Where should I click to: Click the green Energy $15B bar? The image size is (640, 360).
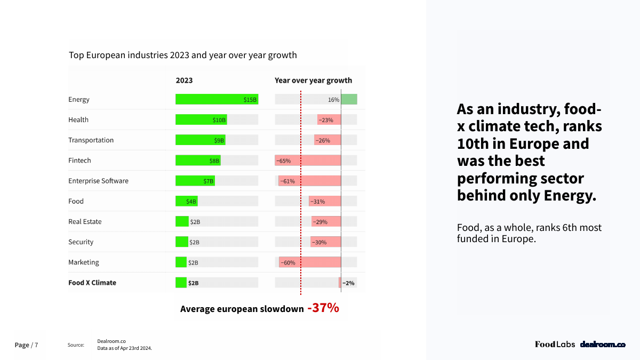click(216, 99)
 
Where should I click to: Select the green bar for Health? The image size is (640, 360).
click(201, 120)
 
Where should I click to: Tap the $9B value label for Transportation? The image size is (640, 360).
click(219, 140)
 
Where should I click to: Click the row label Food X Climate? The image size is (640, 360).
click(92, 283)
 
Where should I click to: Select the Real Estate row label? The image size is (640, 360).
click(85, 221)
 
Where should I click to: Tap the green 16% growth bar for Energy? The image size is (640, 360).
click(349, 99)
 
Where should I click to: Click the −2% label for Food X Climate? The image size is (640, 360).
click(348, 283)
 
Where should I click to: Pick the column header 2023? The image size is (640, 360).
click(184, 81)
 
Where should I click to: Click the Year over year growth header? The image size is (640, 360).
click(313, 81)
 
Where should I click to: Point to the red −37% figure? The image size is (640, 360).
click(323, 308)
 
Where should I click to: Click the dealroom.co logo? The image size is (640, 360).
click(603, 345)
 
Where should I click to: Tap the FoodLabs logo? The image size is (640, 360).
click(555, 345)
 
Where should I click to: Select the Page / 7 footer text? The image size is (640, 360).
click(26, 345)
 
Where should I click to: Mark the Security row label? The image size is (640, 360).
click(81, 242)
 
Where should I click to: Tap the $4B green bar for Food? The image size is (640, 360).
click(186, 201)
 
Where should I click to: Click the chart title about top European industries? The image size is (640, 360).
click(183, 55)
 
